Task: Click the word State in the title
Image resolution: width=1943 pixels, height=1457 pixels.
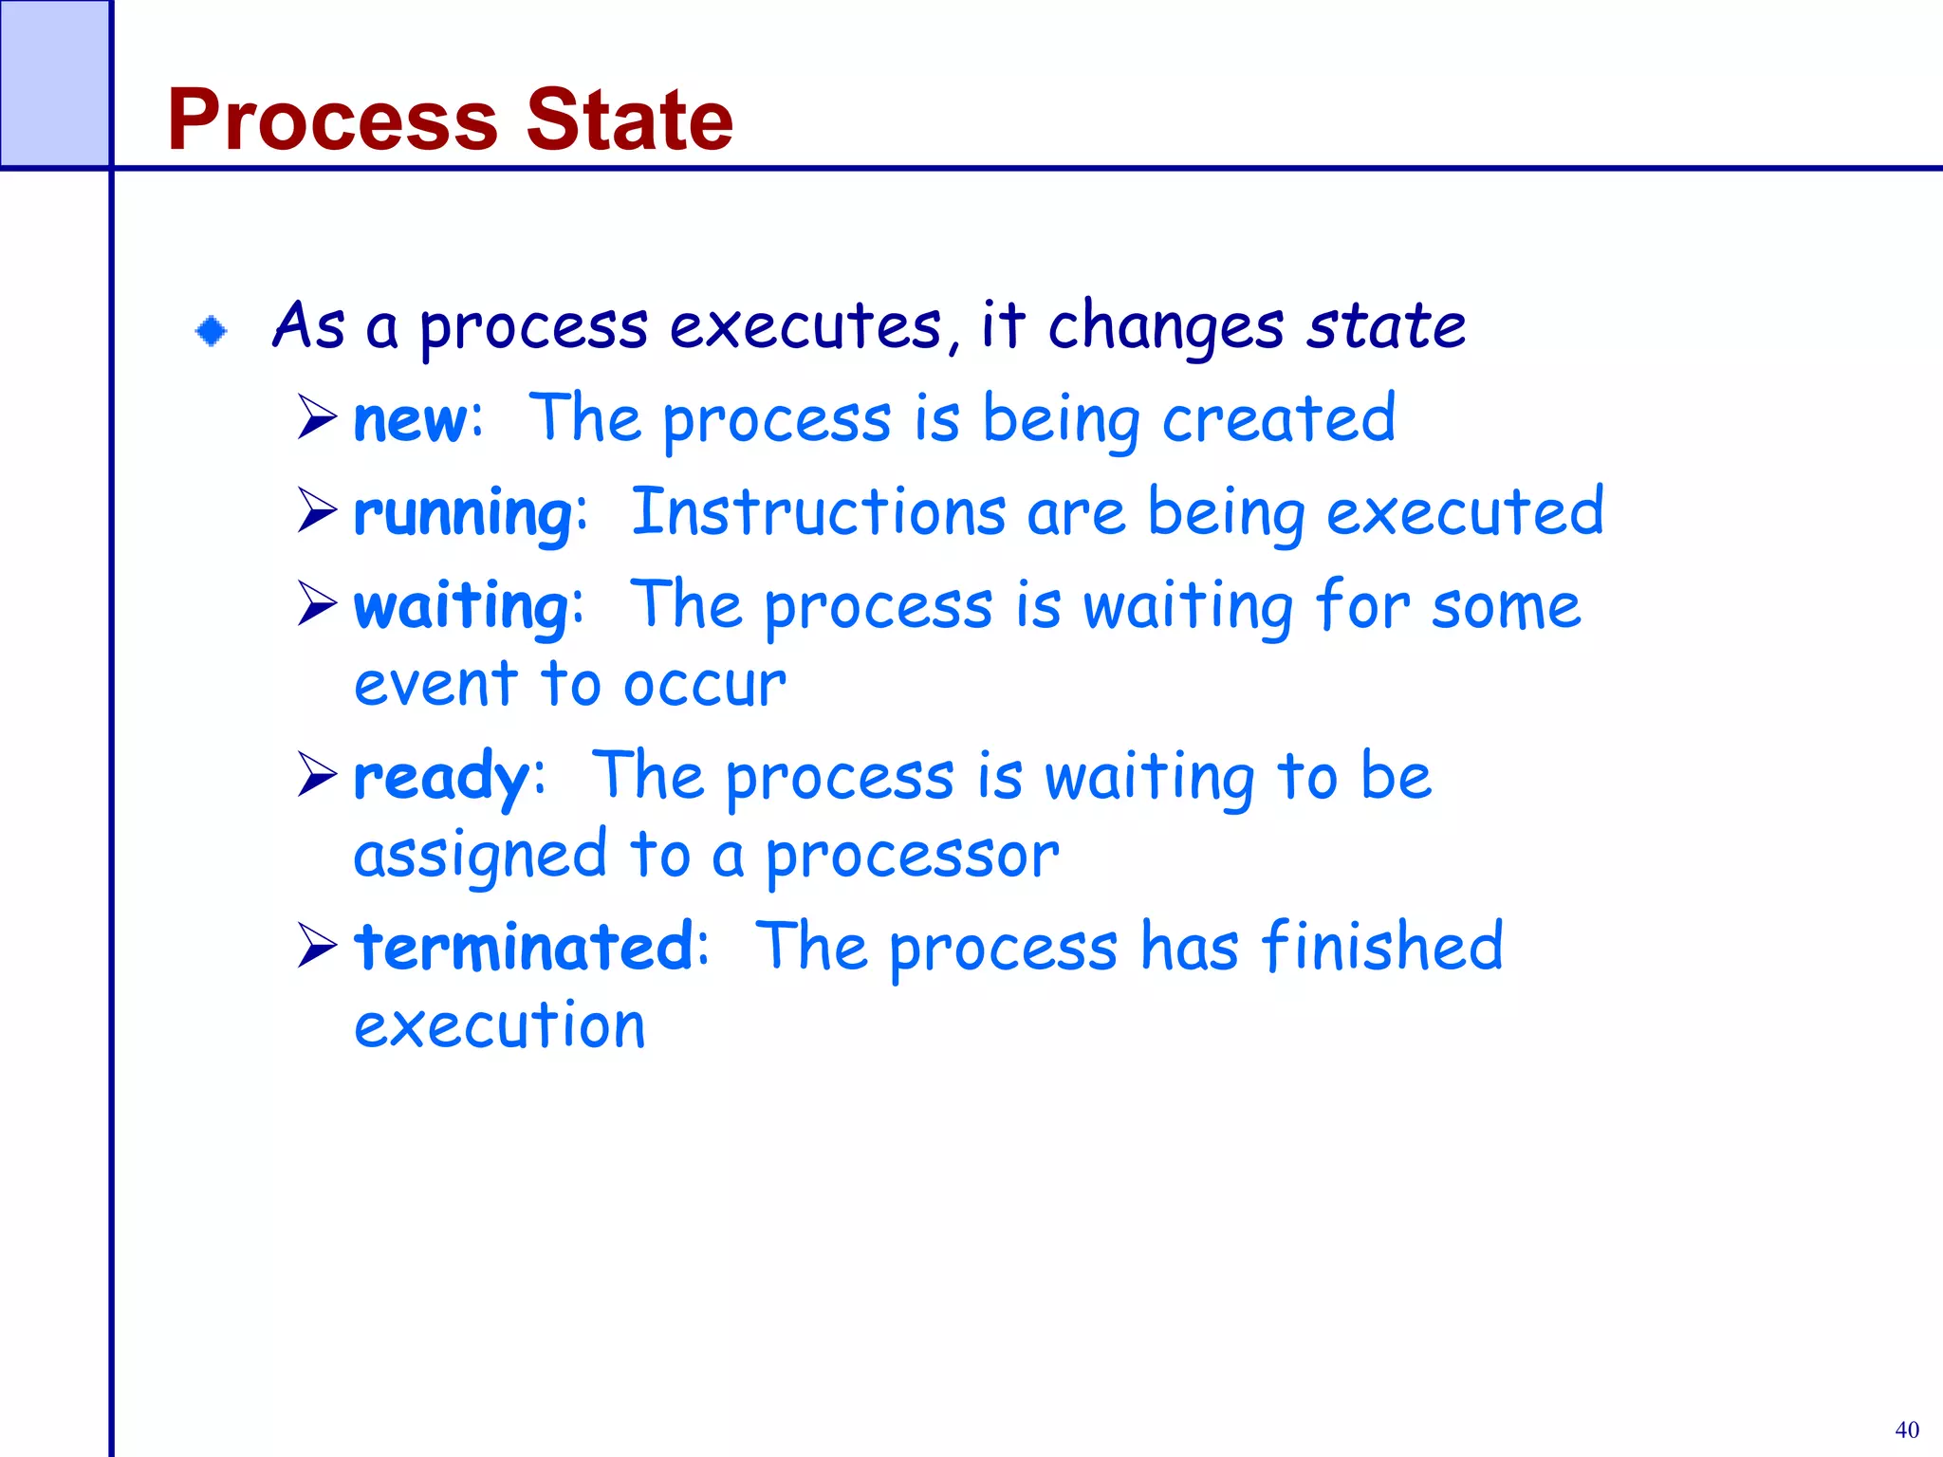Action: (x=629, y=120)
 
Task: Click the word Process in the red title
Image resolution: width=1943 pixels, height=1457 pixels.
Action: (x=332, y=120)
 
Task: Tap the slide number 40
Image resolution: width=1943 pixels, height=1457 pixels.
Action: (x=1906, y=1429)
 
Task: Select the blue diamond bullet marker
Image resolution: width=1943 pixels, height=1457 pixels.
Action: (x=211, y=331)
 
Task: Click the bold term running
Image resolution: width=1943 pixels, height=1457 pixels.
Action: (x=464, y=513)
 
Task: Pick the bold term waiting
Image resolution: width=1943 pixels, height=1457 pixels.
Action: (x=462, y=606)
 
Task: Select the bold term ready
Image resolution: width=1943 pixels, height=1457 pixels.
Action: (x=441, y=777)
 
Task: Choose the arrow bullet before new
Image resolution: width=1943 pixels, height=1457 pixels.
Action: (x=317, y=416)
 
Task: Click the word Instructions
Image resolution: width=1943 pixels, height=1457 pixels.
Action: (x=818, y=512)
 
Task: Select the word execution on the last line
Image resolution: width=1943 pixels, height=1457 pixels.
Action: (x=500, y=1025)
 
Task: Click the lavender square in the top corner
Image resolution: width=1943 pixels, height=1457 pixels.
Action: (x=54, y=83)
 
